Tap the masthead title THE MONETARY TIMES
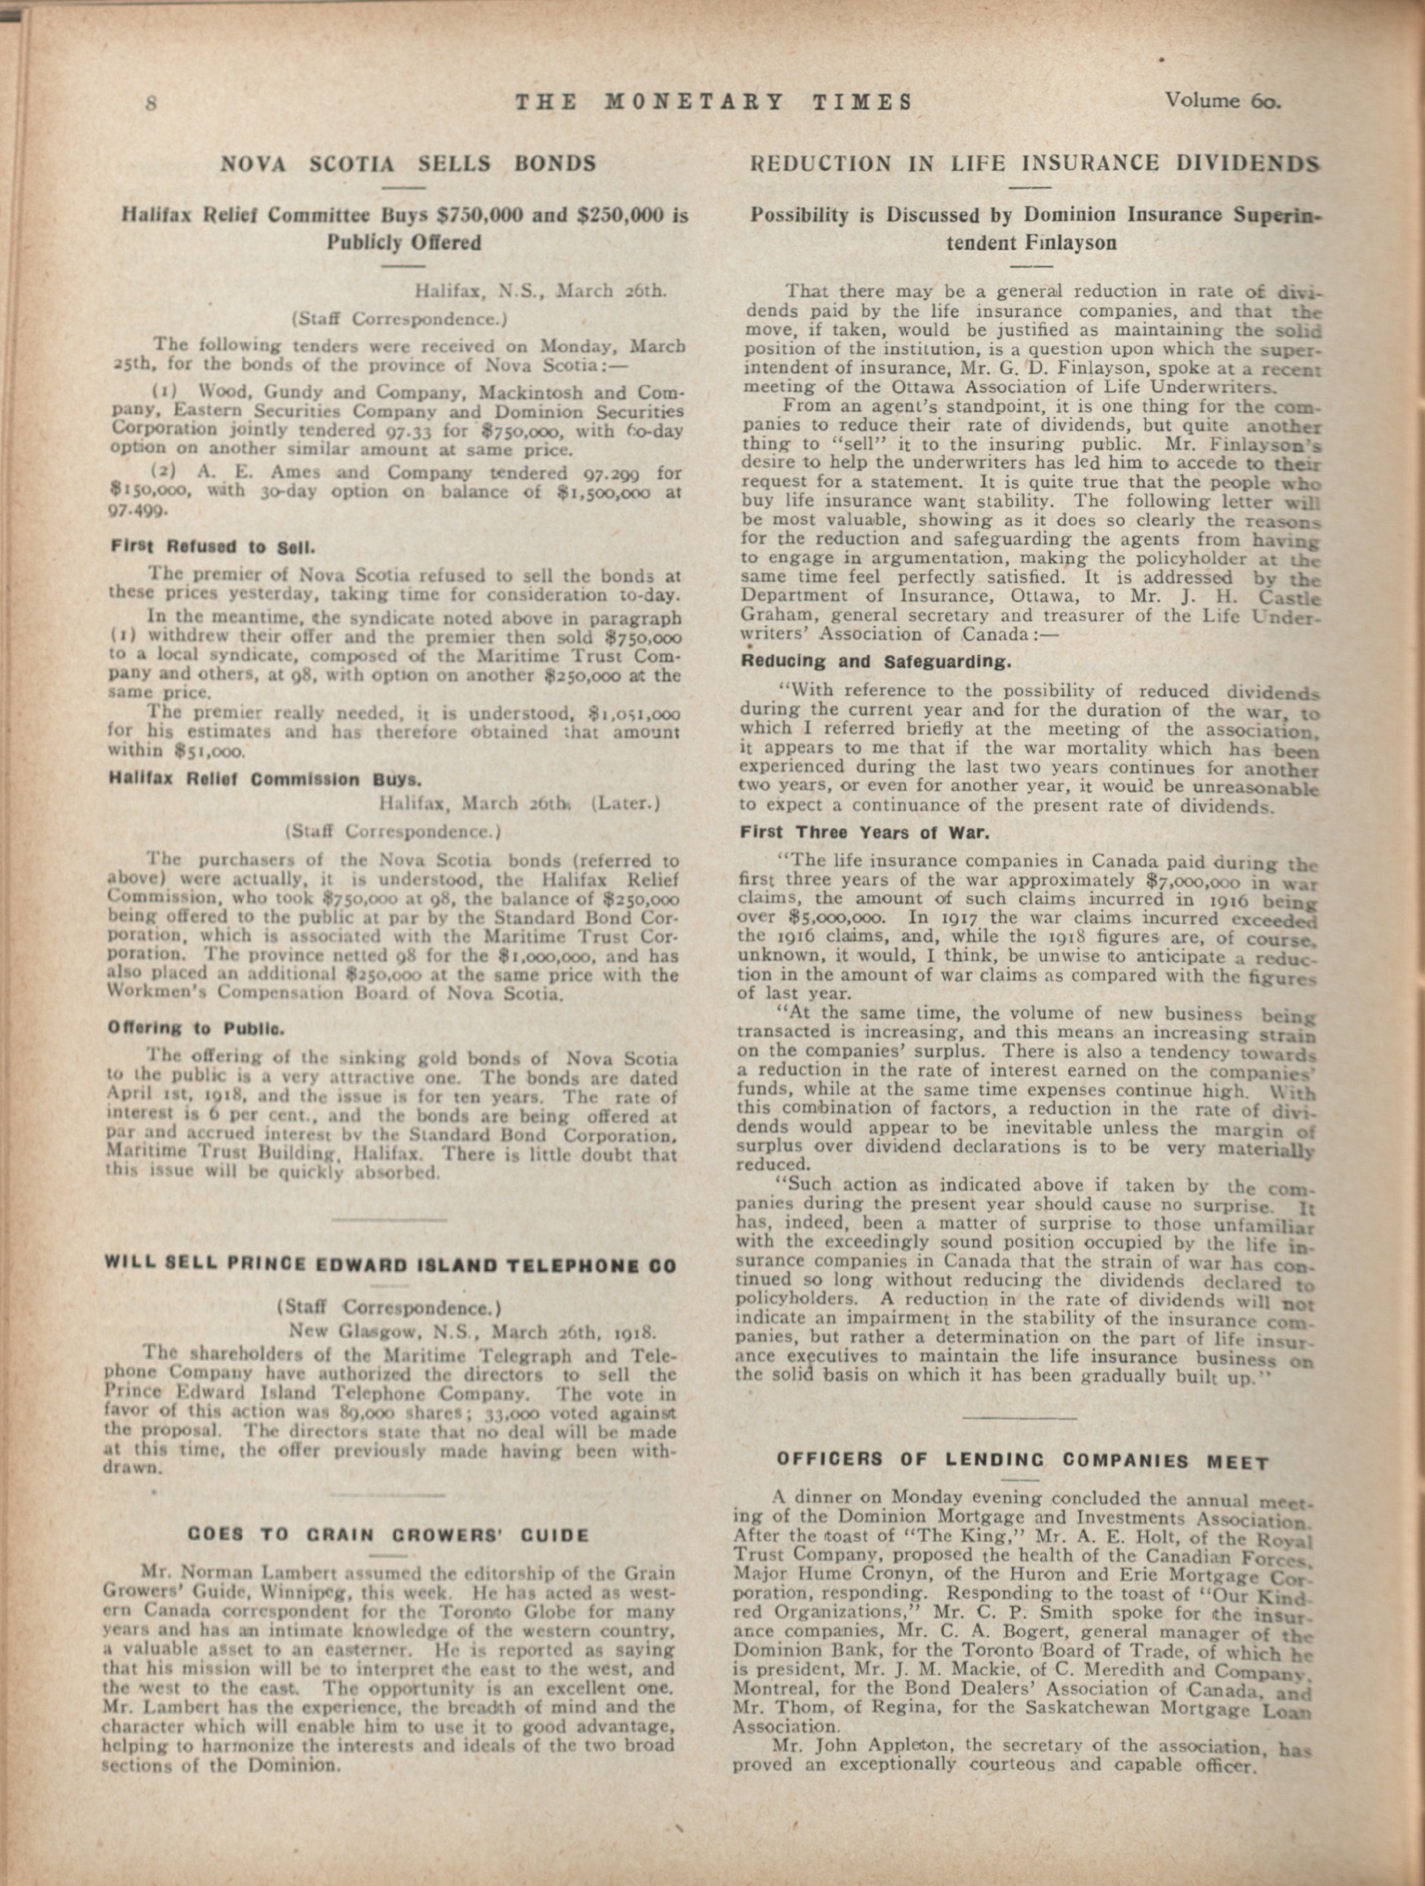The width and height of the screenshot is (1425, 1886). (714, 102)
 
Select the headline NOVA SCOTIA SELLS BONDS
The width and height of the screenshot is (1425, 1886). (408, 163)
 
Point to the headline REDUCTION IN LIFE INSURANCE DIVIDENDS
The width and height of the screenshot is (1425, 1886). (1035, 163)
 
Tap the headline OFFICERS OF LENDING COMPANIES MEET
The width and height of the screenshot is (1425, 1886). (1023, 1459)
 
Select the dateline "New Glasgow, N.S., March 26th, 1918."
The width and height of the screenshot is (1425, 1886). (471, 1331)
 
